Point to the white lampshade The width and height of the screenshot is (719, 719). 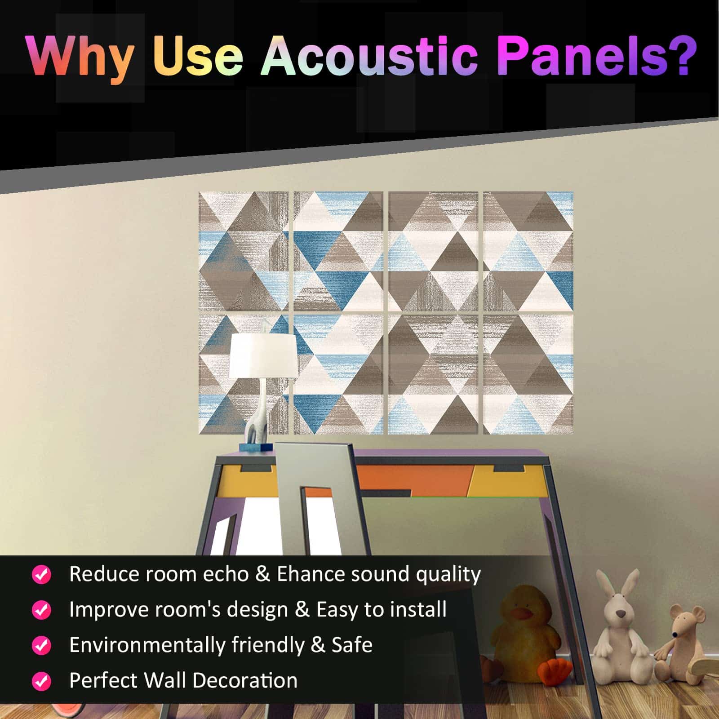[263, 356]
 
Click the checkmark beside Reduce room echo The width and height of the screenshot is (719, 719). [42, 574]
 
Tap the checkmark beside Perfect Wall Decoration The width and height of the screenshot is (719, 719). [42, 681]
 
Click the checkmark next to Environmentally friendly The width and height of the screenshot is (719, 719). [42, 645]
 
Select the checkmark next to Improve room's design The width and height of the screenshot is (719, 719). [42, 610]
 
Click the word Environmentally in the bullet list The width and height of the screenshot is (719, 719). [147, 645]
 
